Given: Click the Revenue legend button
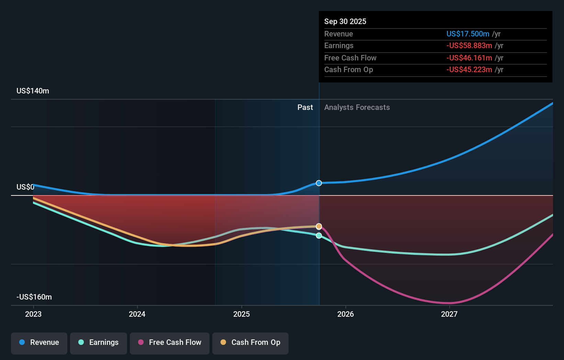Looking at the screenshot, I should point(39,342).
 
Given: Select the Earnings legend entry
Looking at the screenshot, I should point(99,342).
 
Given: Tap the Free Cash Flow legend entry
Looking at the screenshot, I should point(170,342).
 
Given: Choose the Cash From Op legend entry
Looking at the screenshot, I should point(250,342).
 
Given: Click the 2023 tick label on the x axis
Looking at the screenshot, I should point(33,314).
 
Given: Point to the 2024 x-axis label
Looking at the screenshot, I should point(137,314).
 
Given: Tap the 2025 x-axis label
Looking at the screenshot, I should point(241,314).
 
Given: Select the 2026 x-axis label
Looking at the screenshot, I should point(346,314).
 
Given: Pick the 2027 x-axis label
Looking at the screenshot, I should point(449,314).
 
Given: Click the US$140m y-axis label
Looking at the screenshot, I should point(33,91).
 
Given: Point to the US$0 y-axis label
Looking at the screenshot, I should point(25,187).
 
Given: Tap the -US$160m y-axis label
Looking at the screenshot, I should point(34,297).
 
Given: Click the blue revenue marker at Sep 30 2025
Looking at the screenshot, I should point(319,183).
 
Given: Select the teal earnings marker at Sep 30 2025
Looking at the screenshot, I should point(319,236).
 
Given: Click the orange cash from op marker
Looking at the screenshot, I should point(319,226).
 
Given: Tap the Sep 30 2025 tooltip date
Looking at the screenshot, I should point(345,22).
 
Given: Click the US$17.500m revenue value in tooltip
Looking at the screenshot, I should point(468,34).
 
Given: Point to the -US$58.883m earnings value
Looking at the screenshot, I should point(469,46).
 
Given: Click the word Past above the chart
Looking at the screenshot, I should point(305,108).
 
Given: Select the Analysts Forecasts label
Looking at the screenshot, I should point(357,108).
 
